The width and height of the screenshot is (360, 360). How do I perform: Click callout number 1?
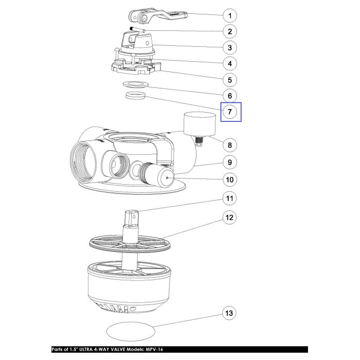(x=230, y=16)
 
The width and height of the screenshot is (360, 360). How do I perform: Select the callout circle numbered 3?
(x=230, y=48)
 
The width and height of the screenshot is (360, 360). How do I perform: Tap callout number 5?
(x=230, y=80)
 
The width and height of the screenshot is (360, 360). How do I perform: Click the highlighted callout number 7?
(x=230, y=112)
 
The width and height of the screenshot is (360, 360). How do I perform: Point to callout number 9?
(x=230, y=163)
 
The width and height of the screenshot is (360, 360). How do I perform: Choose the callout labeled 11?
(x=230, y=198)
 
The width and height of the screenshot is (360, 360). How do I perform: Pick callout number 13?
(x=229, y=313)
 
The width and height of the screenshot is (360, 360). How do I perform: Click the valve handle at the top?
(x=158, y=16)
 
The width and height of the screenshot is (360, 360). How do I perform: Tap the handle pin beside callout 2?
(x=138, y=29)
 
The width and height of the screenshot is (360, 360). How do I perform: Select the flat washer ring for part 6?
(x=136, y=84)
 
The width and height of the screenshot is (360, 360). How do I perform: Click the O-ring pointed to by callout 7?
(x=135, y=96)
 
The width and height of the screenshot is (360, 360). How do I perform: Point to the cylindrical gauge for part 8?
(x=200, y=124)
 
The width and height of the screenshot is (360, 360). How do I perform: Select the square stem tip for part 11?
(x=132, y=218)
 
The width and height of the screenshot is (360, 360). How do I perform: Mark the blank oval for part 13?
(x=131, y=331)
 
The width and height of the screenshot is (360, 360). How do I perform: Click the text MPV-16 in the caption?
(x=154, y=350)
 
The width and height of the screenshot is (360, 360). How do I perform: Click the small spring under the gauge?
(x=199, y=140)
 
